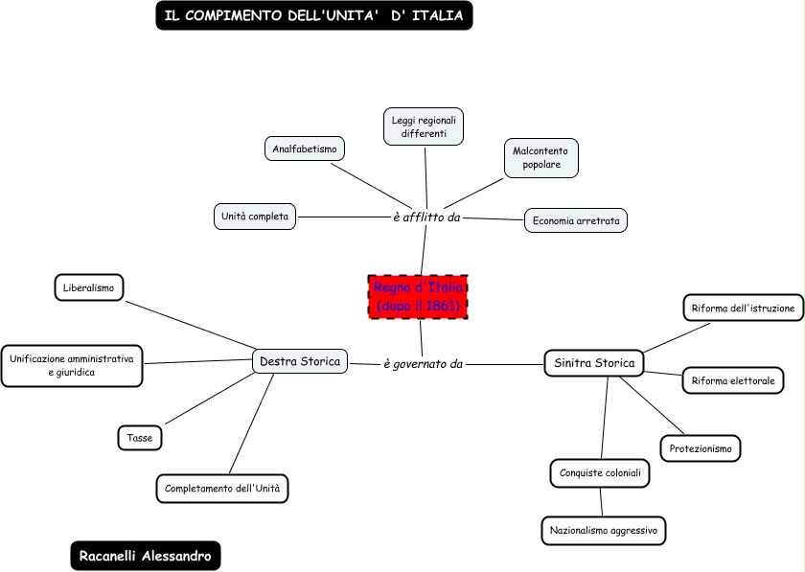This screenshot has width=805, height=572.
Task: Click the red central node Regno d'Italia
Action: point(418,297)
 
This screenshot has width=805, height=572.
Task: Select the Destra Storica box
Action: point(300,361)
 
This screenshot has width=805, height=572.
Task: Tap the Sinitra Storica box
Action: point(594,363)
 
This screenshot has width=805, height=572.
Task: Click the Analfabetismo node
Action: point(305,149)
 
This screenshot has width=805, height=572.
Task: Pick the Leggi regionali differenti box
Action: point(424,126)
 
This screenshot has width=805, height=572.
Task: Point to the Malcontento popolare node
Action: point(541,158)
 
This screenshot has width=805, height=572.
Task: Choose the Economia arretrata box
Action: point(576,220)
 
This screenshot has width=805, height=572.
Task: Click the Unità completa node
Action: point(255,217)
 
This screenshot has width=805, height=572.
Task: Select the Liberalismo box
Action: point(89,287)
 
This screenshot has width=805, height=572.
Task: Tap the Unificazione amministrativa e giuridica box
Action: point(72,366)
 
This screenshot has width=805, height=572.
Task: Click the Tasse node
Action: point(140,438)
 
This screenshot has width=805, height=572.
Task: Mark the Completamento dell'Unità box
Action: point(222,489)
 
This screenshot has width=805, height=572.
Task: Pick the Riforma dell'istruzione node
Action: point(743,309)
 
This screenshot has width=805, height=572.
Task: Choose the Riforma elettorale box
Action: point(733,380)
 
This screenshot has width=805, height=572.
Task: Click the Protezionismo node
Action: point(701,448)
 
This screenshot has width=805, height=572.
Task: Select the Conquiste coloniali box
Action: point(600,473)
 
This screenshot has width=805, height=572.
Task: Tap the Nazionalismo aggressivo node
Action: point(603,531)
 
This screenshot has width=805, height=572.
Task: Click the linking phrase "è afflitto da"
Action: point(426,217)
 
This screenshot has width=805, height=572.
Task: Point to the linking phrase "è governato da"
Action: point(423,364)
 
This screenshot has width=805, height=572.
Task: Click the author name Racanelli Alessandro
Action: point(146,556)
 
